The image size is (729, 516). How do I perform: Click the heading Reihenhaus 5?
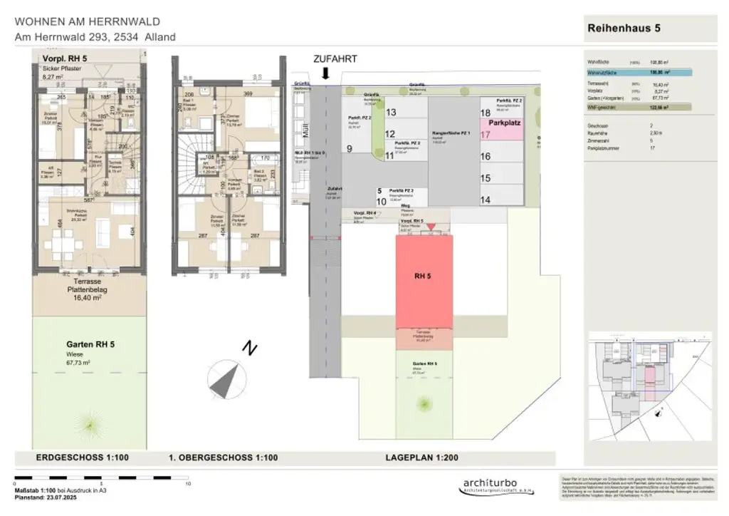(x=624, y=28)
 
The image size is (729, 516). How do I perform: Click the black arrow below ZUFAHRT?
(x=325, y=73)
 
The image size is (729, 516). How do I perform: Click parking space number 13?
(x=390, y=113)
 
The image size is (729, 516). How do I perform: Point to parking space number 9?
(x=350, y=148)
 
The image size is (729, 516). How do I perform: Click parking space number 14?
(x=486, y=200)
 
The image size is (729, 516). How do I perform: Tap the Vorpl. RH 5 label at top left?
(x=65, y=58)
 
